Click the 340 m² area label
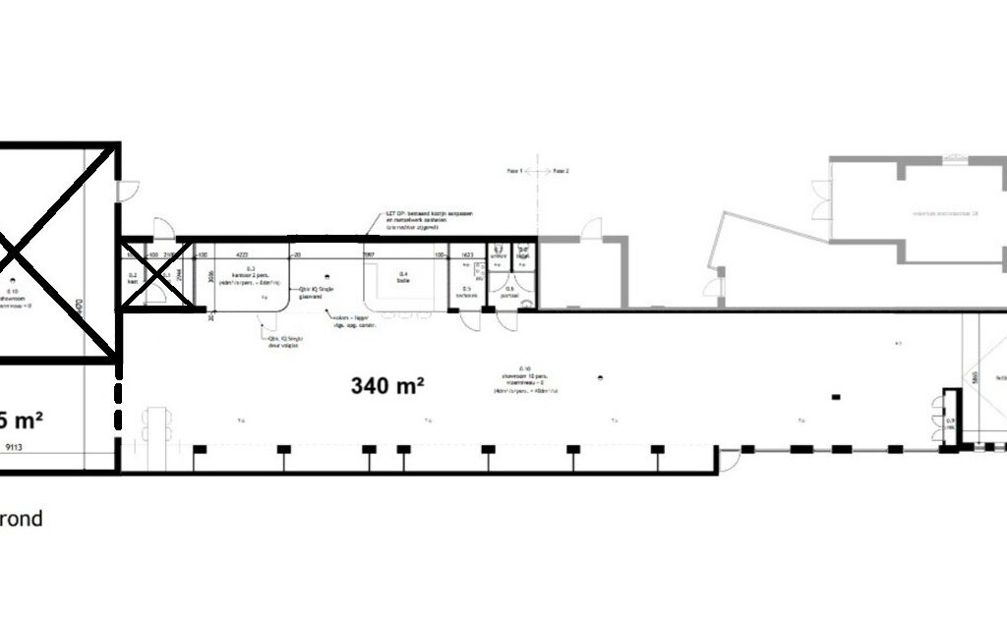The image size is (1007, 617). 386,385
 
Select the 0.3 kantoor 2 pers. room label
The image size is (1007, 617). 250,273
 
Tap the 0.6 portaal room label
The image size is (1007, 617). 509,291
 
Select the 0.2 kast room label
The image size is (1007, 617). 131,278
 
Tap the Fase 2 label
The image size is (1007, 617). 562,171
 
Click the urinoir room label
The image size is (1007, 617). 499,252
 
